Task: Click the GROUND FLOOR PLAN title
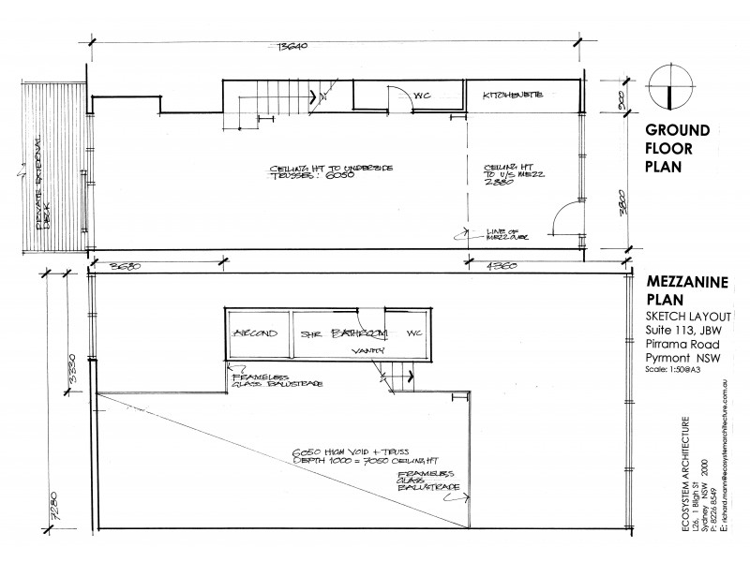(x=676, y=149)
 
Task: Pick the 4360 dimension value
(x=507, y=266)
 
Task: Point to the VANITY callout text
(x=364, y=351)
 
